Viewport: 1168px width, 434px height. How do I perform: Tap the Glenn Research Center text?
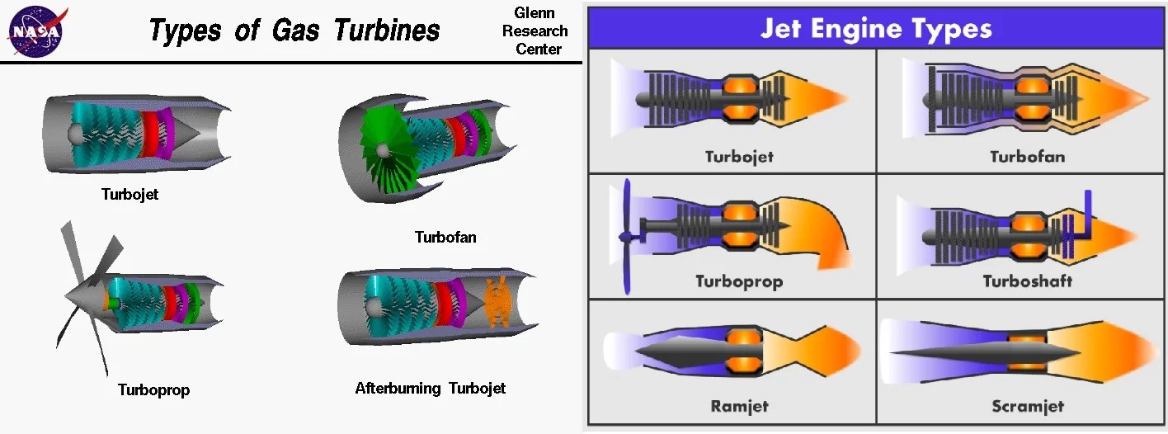pos(535,31)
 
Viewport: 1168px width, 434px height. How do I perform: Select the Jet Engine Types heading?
pos(875,29)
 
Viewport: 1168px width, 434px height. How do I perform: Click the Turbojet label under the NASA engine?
pos(130,196)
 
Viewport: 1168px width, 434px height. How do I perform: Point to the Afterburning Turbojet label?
pos(430,388)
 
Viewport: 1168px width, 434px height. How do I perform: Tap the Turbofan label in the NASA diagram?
pos(445,238)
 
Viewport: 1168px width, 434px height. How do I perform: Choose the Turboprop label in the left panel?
pos(153,389)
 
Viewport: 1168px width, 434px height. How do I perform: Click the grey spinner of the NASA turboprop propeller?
pos(82,290)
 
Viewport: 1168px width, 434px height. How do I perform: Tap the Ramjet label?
pos(739,406)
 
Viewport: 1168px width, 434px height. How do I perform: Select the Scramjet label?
pos(1027,406)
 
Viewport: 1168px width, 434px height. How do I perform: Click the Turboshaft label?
pos(1027,281)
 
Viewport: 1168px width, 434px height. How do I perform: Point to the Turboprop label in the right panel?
pos(739,281)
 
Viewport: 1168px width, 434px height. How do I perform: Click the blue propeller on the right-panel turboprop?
pos(626,237)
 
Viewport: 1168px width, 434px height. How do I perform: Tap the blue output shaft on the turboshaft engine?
pos(1088,216)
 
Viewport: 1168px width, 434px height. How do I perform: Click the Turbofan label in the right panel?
pos(1027,157)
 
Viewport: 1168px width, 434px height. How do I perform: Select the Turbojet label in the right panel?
pos(739,157)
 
